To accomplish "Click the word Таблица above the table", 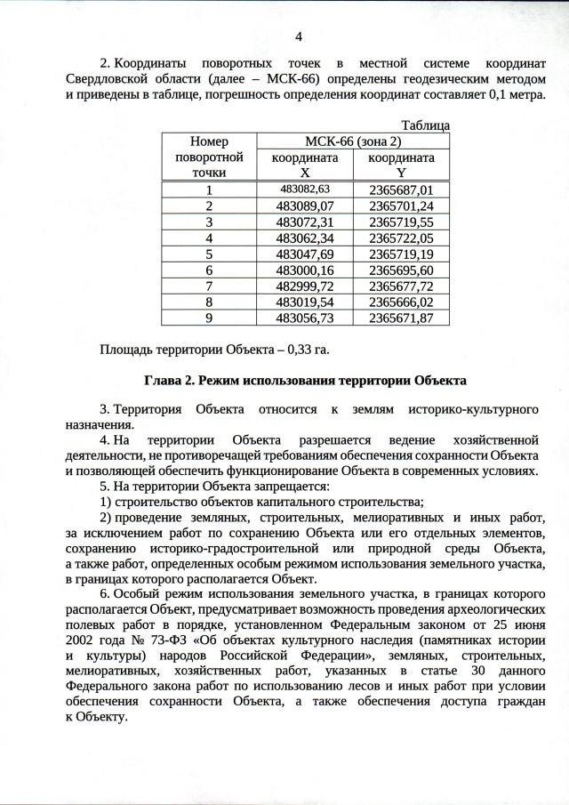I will coord(425,125).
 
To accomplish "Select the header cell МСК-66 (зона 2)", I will coord(353,141).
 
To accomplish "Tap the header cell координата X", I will coord(305,165).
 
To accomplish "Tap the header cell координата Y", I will coord(401,165).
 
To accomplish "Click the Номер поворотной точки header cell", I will coord(209,157).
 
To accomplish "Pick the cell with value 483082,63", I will coord(305,189).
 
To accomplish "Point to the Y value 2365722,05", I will coord(401,237).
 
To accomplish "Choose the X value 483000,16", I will coord(305,270).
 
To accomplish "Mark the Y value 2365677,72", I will coord(401,286).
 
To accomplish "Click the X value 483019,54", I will coord(305,302).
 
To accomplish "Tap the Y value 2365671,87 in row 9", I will coord(401,318).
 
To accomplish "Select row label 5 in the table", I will coord(209,254).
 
